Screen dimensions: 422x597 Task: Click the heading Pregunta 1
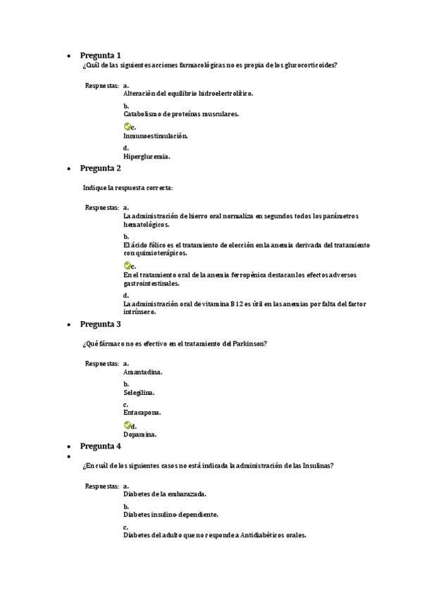pyautogui.click(x=100, y=55)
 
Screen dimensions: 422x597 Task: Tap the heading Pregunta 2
pyautogui.click(x=100, y=168)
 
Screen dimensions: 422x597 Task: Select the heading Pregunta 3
pyautogui.click(x=100, y=324)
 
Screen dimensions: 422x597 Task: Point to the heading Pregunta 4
pyautogui.click(x=100, y=446)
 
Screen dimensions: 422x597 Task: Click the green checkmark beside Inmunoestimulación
pyautogui.click(x=127, y=127)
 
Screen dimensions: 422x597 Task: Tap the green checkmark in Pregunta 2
pyautogui.click(x=127, y=265)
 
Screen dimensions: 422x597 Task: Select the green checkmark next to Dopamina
pyautogui.click(x=127, y=425)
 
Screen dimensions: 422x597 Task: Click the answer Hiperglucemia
pyautogui.click(x=147, y=157)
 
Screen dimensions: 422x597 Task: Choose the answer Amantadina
pyautogui.click(x=142, y=371)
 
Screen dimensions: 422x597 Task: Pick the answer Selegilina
pyautogui.click(x=139, y=392)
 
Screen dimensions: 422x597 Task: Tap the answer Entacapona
pyautogui.click(x=142, y=413)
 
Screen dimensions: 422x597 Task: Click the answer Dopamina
pyautogui.click(x=139, y=434)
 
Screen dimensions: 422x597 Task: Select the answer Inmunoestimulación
pyautogui.click(x=155, y=136)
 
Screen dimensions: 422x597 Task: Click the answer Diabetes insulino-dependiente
pyautogui.click(x=170, y=515)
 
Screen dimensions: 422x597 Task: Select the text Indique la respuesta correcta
pyautogui.click(x=128, y=188)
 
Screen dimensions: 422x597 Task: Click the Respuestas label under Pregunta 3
pyautogui.click(x=101, y=363)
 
